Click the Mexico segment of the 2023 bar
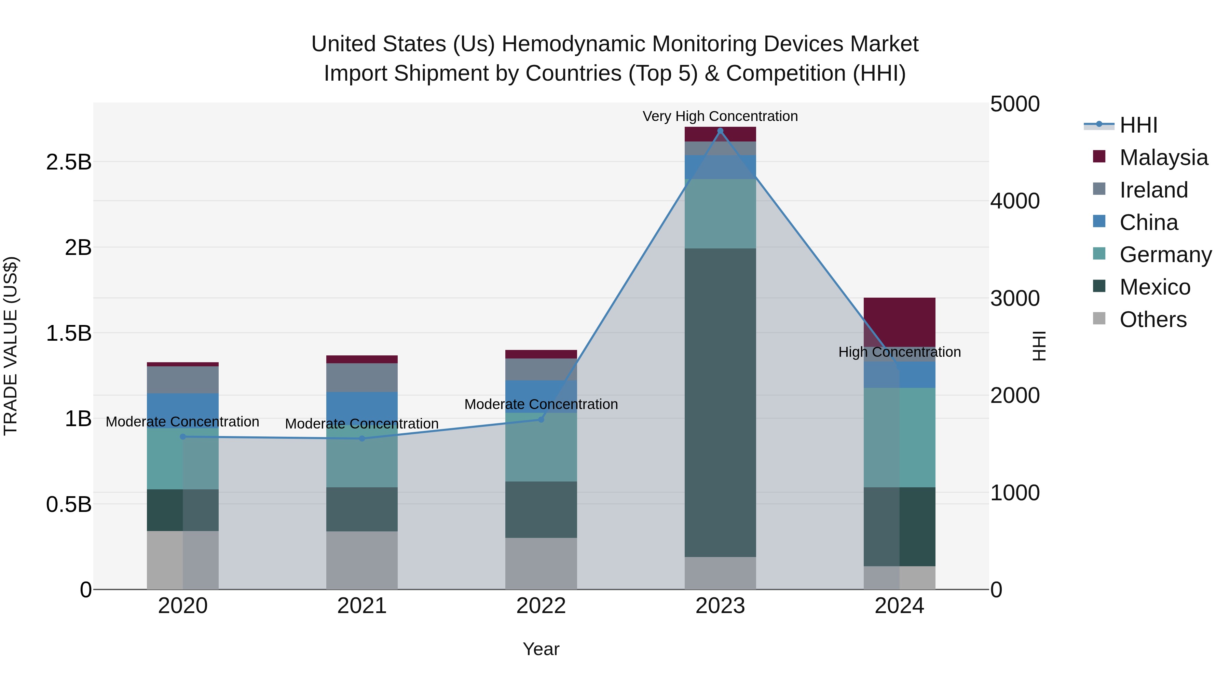(720, 402)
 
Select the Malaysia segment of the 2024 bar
(899, 322)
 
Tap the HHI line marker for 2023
(720, 131)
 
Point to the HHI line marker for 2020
(183, 436)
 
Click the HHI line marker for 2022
(541, 419)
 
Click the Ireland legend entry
(1153, 190)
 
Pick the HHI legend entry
(1138, 125)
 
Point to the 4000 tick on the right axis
(1015, 201)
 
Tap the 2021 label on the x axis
(362, 606)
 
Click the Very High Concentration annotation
(720, 116)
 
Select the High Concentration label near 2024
(899, 352)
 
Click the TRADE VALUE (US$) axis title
(11, 346)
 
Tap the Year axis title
(541, 649)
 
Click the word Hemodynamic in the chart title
(574, 44)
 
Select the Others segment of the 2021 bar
(362, 560)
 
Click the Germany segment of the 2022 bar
(541, 447)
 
